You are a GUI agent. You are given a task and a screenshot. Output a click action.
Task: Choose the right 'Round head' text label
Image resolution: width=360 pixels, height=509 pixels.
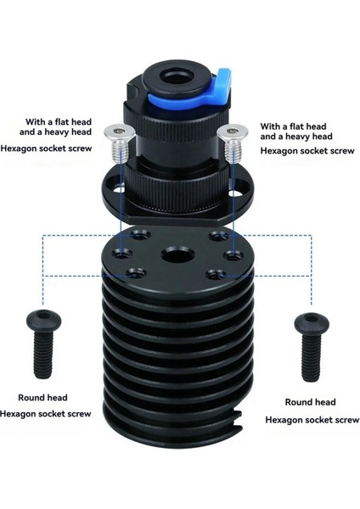[x=309, y=402]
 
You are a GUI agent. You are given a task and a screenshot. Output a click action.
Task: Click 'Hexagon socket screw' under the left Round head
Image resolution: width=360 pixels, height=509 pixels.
[x=54, y=414]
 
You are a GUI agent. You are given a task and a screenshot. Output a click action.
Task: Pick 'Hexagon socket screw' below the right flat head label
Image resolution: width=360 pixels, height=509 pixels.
[x=307, y=150]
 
